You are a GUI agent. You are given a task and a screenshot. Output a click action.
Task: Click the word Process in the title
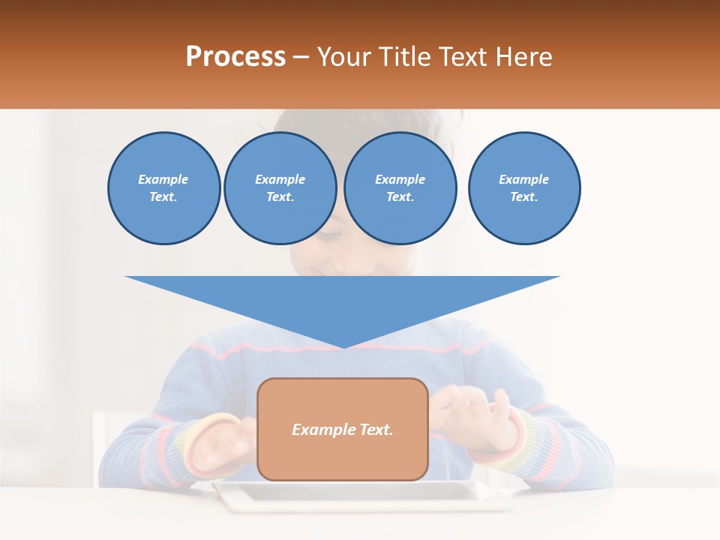point(235,57)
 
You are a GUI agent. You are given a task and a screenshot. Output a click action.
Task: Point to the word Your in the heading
point(344,57)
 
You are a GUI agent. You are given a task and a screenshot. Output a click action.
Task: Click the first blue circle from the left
point(163,188)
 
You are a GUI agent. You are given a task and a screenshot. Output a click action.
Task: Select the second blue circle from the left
point(280,188)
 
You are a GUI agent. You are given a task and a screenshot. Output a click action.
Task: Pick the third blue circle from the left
point(400,188)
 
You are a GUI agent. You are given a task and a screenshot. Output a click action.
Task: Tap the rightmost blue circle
point(523,188)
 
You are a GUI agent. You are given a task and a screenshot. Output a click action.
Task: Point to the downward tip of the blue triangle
point(343,346)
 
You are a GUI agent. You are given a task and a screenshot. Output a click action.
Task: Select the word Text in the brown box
point(376,430)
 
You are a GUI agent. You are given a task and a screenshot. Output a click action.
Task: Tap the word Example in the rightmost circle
point(523,179)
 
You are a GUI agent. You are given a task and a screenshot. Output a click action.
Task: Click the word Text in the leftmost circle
point(163,197)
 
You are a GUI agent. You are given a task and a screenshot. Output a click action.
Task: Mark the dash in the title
point(301,57)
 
